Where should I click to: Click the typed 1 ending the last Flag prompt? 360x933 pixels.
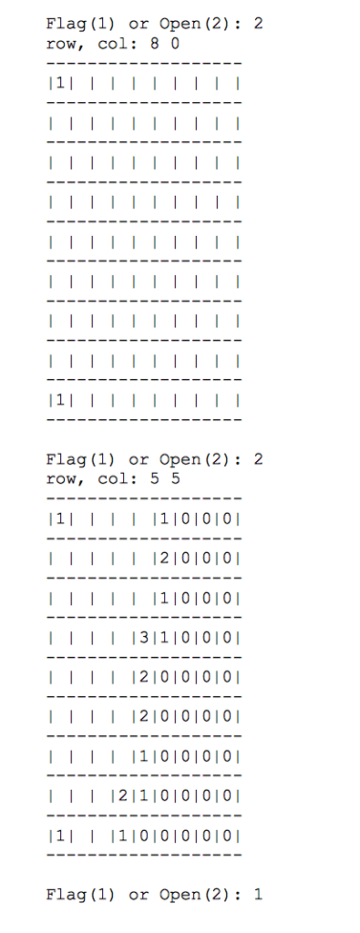click(x=259, y=895)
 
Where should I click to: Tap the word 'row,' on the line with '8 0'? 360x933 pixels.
click(x=64, y=42)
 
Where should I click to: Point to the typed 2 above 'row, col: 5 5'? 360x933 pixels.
click(x=259, y=459)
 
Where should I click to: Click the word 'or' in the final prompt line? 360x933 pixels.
click(x=139, y=895)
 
